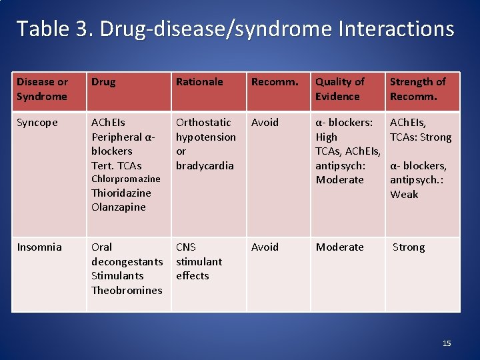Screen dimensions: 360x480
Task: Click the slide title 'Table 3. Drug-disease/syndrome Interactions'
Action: (x=235, y=29)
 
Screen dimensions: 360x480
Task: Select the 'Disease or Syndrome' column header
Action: (x=42, y=89)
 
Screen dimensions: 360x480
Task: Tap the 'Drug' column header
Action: (x=103, y=81)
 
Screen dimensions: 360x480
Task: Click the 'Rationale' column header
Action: (x=199, y=81)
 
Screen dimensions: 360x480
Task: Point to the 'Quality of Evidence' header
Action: (x=340, y=89)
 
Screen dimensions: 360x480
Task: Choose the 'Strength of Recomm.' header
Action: (x=417, y=89)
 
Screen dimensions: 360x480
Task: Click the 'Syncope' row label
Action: (x=37, y=122)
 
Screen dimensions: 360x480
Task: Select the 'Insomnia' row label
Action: (x=39, y=247)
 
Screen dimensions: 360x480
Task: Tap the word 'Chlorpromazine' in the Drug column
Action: (x=126, y=179)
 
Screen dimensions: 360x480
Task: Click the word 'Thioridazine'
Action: (x=121, y=193)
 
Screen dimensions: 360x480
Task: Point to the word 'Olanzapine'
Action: (x=119, y=207)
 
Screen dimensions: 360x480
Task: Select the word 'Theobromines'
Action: (x=127, y=290)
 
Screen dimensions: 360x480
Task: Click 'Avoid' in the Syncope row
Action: (x=265, y=122)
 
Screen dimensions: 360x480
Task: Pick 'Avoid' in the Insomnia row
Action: (x=265, y=247)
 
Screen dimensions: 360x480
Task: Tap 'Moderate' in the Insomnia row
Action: (x=340, y=247)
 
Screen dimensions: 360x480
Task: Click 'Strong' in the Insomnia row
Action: (x=409, y=247)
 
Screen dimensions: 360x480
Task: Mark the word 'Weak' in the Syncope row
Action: (x=404, y=194)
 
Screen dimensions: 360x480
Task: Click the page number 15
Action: (x=447, y=343)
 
